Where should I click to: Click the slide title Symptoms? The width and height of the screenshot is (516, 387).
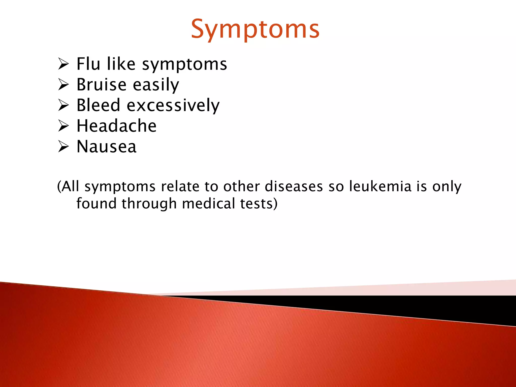255,29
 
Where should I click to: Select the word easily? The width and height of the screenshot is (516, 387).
156,85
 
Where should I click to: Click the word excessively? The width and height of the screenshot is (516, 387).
173,106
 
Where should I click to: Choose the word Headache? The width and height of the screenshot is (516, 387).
116,126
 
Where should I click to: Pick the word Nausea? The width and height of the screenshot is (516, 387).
106,146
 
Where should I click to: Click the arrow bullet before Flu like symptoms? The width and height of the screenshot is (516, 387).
63,64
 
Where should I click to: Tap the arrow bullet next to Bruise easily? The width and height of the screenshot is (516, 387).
63,85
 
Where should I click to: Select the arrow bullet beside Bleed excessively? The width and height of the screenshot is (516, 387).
63,105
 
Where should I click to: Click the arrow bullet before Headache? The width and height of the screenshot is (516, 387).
63,126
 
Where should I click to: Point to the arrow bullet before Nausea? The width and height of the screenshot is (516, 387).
63,147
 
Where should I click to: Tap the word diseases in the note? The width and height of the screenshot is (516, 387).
294,186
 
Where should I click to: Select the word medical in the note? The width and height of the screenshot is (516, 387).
208,204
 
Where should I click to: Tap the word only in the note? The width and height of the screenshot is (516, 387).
447,187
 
